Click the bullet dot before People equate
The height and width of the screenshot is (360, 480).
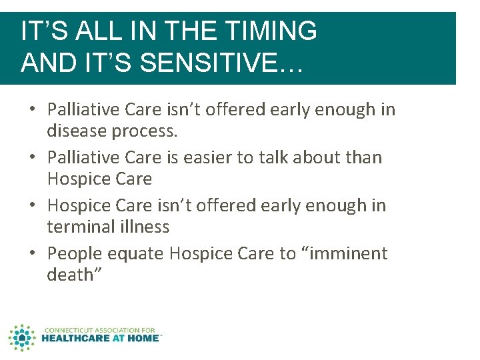33,254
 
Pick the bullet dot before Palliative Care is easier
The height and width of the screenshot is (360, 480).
33,158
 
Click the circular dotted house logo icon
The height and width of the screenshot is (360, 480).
22,337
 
